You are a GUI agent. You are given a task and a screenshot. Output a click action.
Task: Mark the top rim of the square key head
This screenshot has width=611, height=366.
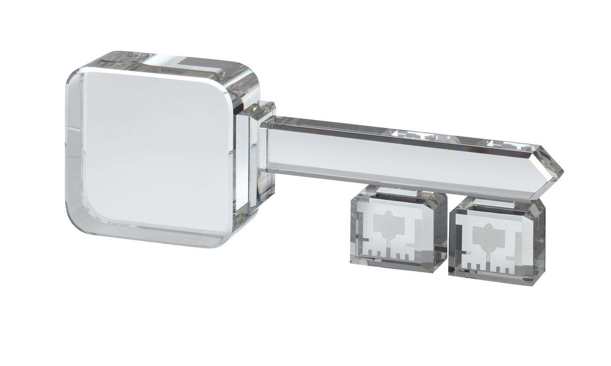tap(161, 63)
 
